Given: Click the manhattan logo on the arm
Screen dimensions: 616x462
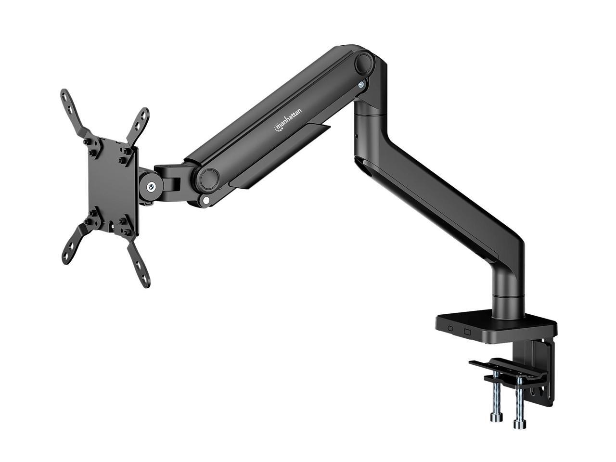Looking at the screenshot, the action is click(x=288, y=119).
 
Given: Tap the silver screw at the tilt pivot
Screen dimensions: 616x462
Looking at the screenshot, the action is click(x=152, y=187).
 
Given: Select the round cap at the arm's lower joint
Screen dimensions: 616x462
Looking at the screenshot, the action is click(x=209, y=179).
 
